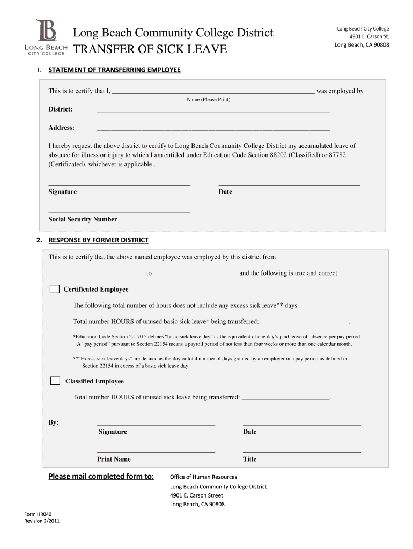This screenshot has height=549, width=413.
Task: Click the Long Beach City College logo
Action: pos(46,38)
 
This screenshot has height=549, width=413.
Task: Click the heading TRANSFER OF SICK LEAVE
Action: pos(150,50)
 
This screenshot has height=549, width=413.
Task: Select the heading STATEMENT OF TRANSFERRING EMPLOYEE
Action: pos(115,70)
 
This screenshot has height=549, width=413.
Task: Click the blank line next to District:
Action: pos(213,110)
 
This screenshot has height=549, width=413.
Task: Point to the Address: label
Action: pos(62,128)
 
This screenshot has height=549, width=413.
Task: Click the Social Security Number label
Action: pos(83,219)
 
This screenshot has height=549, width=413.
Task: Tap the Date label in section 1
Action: pos(225,192)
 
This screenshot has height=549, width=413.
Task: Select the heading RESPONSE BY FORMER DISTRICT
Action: pos(98,240)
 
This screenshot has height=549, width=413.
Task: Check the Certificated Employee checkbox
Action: pos(55,290)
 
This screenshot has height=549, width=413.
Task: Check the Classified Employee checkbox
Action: pos(55,381)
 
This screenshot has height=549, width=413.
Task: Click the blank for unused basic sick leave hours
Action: pos(304,322)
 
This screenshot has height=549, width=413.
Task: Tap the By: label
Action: pos(54,422)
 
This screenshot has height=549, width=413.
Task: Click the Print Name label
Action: pos(114,459)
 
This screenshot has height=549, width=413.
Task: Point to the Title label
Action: pos(249,459)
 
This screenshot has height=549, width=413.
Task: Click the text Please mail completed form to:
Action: pos(101,477)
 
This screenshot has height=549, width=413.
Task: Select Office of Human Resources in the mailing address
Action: pos(203,477)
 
